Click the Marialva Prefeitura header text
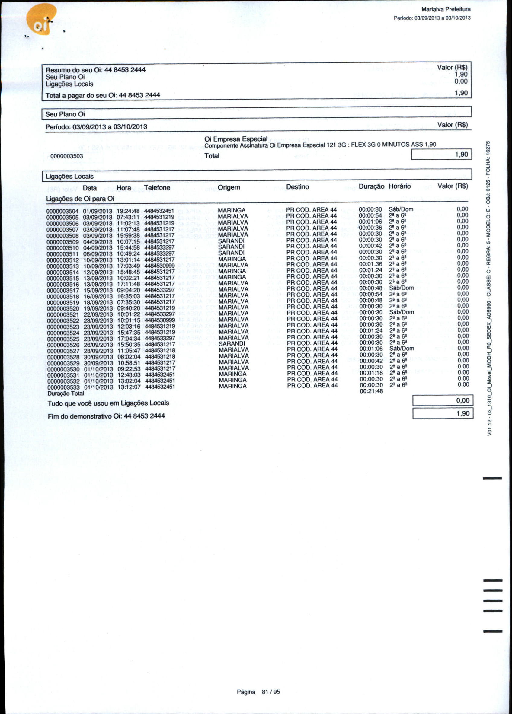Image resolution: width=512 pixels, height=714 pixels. [446, 9]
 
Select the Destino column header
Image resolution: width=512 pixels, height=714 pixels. [297, 187]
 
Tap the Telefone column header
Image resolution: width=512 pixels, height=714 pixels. [157, 188]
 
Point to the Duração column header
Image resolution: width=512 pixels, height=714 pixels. [371, 186]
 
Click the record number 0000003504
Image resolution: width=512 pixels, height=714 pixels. [62, 211]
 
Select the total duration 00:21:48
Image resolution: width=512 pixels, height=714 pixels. [371, 391]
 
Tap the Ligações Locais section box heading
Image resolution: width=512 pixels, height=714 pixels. [70, 176]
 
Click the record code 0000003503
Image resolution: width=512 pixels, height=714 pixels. [67, 156]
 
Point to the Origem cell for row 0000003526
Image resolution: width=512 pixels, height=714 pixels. [232, 343]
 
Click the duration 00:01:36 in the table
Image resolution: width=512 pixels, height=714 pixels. [371, 264]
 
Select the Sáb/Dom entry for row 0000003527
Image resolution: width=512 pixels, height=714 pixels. [402, 349]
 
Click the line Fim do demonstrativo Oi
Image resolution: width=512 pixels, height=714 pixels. [106, 416]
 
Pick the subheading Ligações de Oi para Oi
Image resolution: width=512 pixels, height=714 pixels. [80, 199]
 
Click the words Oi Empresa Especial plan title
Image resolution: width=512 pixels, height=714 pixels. [236, 139]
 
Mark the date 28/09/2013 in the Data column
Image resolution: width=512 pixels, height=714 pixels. [98, 351]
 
